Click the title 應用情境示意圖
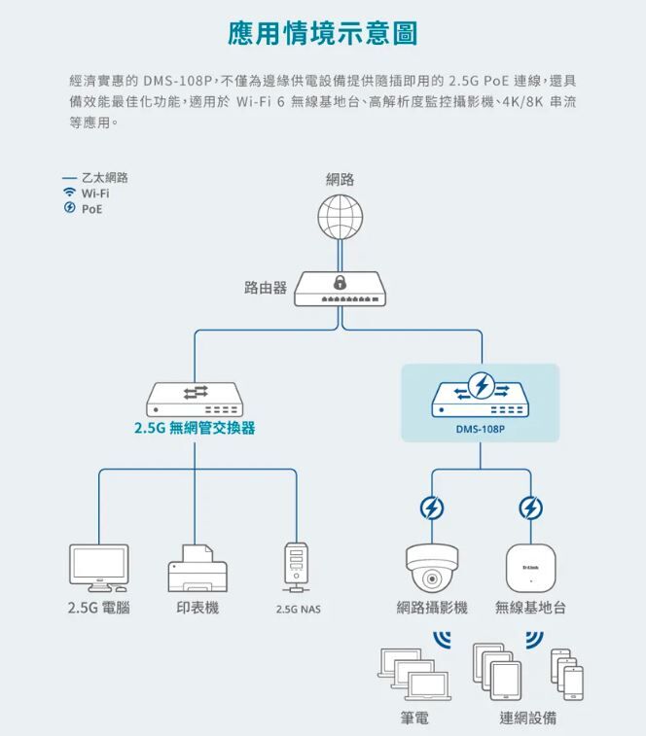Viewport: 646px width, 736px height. (x=322, y=33)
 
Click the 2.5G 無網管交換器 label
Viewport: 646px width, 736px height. (x=196, y=428)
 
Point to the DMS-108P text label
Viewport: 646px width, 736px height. (x=481, y=428)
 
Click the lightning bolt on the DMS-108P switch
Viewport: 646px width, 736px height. (x=481, y=386)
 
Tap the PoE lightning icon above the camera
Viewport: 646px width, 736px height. (x=431, y=508)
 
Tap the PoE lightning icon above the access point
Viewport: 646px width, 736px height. (x=530, y=508)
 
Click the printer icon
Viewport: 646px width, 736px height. (x=197, y=568)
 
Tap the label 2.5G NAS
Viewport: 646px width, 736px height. (x=297, y=610)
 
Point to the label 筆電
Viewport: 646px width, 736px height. (x=414, y=718)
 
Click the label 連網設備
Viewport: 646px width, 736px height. (x=528, y=718)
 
